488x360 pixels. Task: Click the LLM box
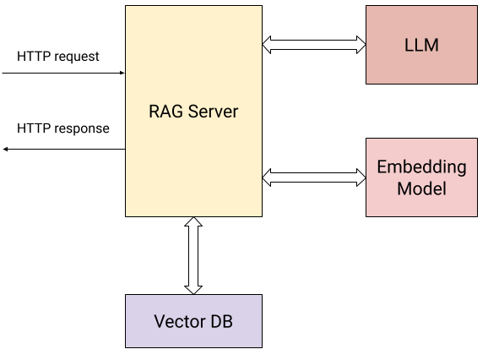point(421,45)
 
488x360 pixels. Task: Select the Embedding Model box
point(421,177)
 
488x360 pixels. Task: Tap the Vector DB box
point(193,321)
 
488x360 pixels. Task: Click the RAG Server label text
point(193,112)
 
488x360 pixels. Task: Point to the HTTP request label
point(58,57)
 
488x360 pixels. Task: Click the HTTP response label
point(63,128)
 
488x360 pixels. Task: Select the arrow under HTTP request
point(63,73)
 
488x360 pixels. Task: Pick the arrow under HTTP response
point(63,149)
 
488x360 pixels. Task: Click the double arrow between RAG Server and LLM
point(314,44)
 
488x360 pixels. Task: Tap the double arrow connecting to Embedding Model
point(314,177)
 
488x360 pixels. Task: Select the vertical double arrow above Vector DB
point(193,255)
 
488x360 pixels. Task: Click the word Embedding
point(421,166)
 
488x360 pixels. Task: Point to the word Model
point(421,188)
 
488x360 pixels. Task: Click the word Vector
point(178,321)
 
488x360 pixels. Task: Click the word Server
point(213,112)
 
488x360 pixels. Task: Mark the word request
point(76,57)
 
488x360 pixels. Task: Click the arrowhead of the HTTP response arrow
point(6,149)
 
